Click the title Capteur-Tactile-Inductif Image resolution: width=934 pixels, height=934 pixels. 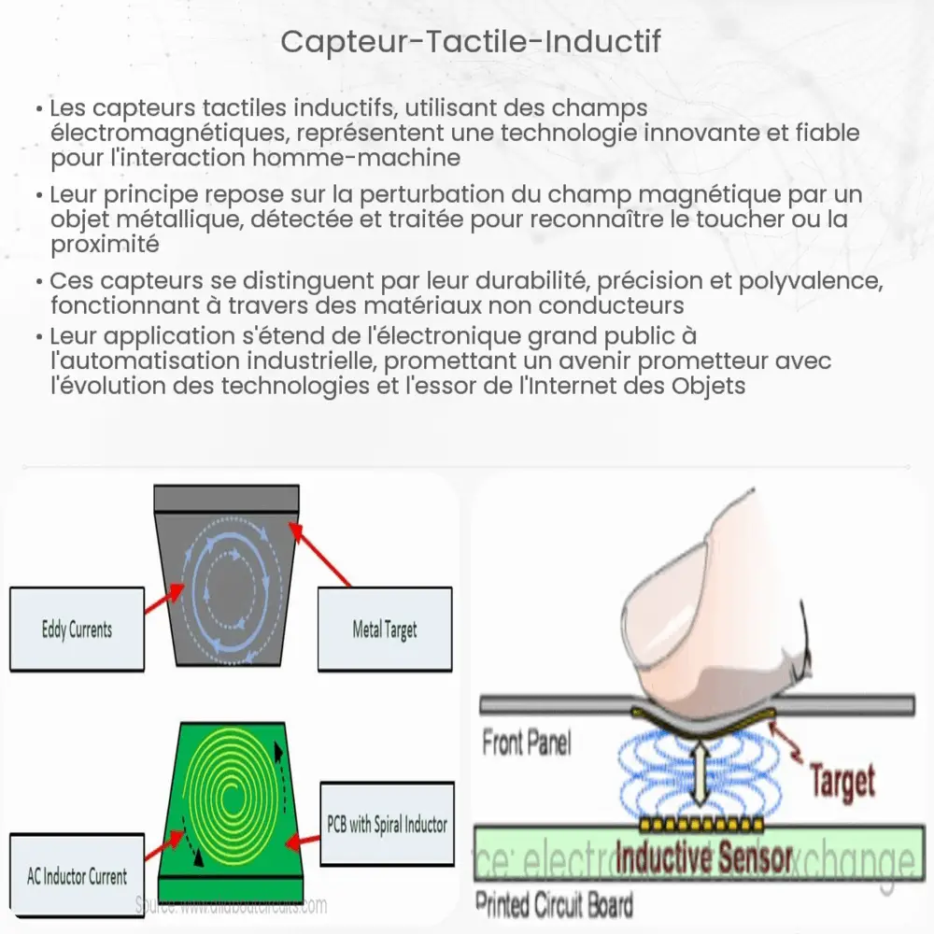tap(466, 43)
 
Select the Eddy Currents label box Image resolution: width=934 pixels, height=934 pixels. tap(78, 630)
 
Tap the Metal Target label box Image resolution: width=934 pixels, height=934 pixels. tap(385, 630)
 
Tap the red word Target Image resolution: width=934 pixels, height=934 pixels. tap(842, 781)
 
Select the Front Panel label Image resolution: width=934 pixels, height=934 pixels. tap(526, 743)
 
